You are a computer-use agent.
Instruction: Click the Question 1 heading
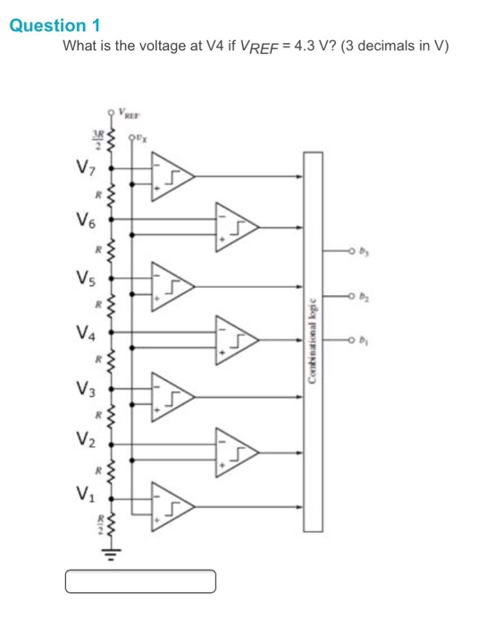tap(55, 25)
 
